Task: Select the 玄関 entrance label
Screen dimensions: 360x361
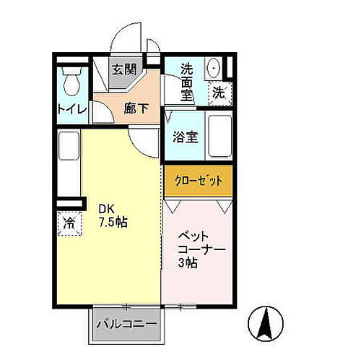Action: pos(124,70)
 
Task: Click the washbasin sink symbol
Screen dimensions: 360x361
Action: pos(214,68)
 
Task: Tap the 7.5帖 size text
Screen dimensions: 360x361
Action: pos(114,223)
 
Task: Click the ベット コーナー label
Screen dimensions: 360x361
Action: pos(201,241)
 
